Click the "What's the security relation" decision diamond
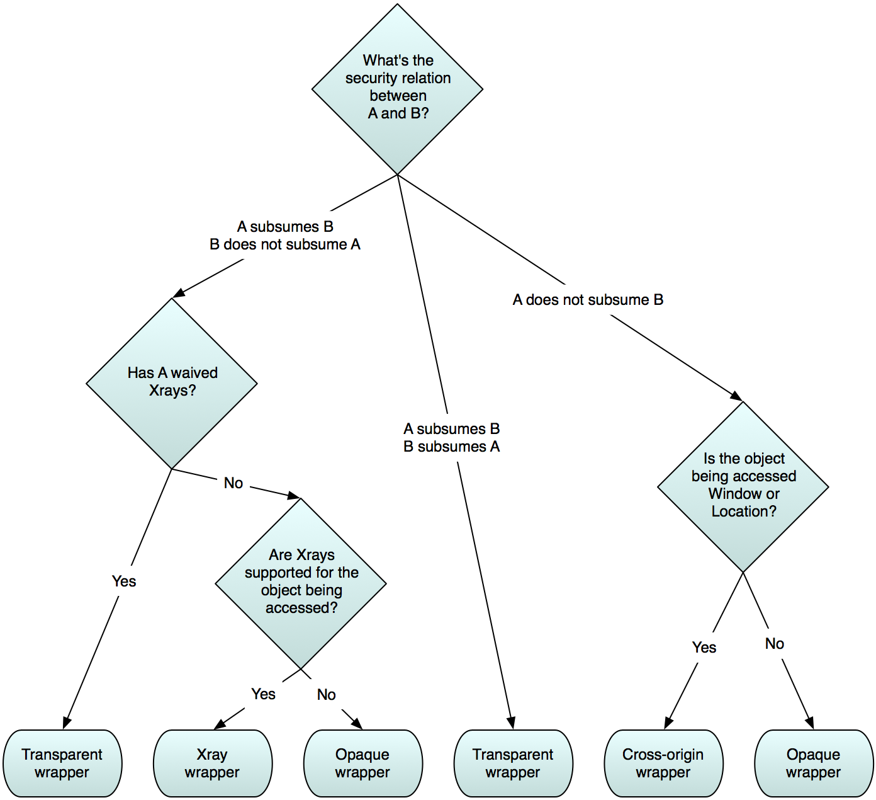(x=398, y=88)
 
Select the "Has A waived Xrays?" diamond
(x=172, y=382)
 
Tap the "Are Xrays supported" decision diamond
(x=301, y=583)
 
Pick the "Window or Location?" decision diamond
(x=743, y=486)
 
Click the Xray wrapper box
(x=213, y=763)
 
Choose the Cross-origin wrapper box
(x=663, y=763)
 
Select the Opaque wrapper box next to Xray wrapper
(x=363, y=763)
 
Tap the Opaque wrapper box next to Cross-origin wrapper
(x=814, y=763)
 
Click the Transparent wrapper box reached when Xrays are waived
(x=62, y=763)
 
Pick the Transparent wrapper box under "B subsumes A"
(x=514, y=763)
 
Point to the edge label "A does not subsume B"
(x=588, y=300)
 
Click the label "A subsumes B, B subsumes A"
(x=452, y=438)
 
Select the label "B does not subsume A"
(x=285, y=244)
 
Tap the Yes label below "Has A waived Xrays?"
(x=124, y=581)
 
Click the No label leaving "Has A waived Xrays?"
(x=233, y=483)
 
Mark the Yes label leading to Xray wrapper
(x=263, y=694)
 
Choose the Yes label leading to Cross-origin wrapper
(x=704, y=647)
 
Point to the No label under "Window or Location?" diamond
(x=775, y=643)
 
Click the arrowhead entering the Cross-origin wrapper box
(x=668, y=723)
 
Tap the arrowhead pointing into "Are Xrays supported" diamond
(x=294, y=496)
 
